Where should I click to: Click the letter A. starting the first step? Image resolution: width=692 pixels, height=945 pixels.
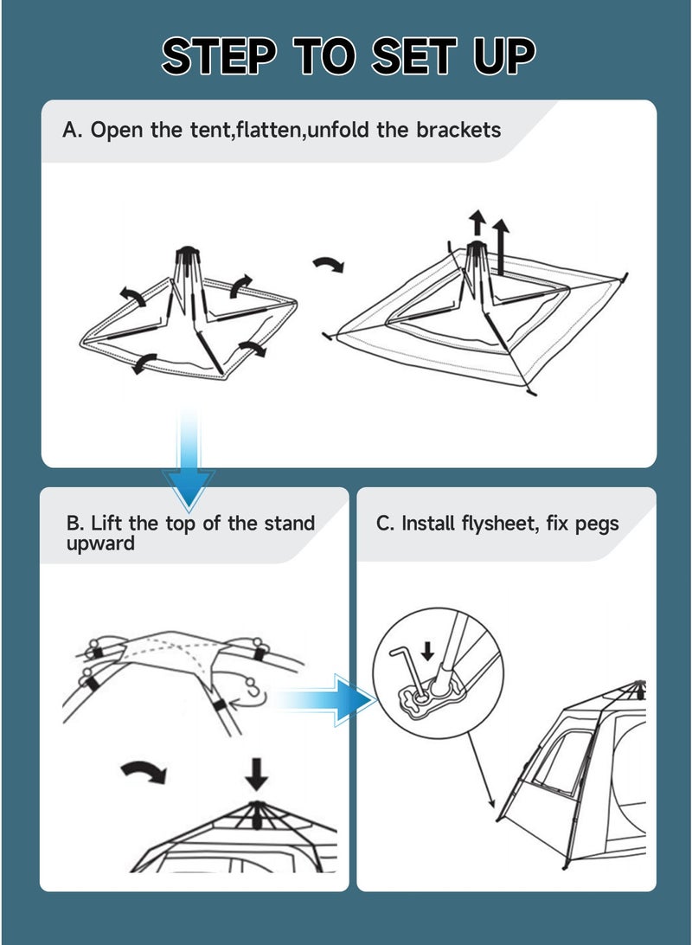(73, 130)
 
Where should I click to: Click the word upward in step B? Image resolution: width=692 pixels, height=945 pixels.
(100, 543)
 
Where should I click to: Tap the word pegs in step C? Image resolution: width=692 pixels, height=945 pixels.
(599, 524)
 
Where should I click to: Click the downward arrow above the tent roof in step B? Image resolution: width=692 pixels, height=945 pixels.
(256, 773)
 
